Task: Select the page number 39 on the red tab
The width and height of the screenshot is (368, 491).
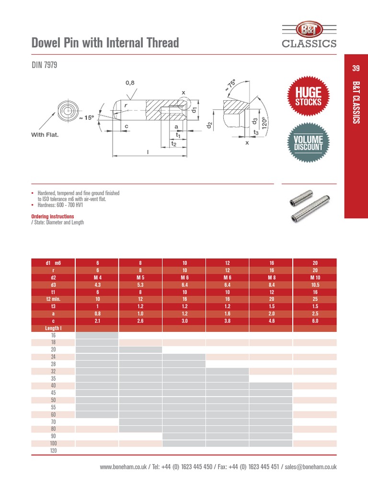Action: click(356, 69)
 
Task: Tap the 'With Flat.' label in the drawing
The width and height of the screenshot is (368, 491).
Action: click(45, 135)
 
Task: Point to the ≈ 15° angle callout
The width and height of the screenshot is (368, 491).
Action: click(87, 117)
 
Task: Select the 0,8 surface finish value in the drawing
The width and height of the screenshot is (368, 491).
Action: click(130, 82)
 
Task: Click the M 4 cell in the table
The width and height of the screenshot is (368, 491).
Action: click(97, 277)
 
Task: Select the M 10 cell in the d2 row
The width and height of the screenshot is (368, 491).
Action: click(314, 277)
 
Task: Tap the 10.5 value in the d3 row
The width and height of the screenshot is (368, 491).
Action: click(314, 284)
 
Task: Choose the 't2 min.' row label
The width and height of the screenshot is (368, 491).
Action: click(53, 299)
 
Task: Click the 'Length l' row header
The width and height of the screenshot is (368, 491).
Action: click(53, 328)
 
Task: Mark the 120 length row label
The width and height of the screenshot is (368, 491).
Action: click(53, 451)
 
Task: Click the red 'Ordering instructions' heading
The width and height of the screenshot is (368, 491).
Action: click(53, 216)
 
